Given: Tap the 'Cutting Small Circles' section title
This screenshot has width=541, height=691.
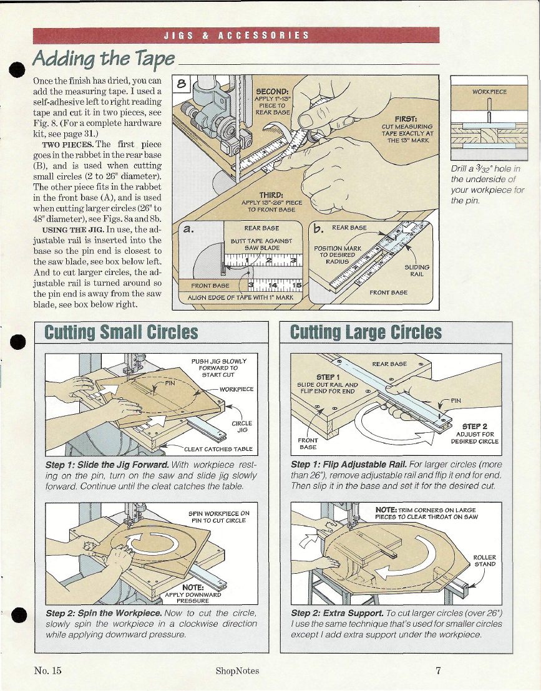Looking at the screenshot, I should pos(121,332).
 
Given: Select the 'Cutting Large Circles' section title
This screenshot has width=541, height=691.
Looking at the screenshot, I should pos(366,332).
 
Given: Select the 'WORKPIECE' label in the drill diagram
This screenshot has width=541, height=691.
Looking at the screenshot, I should pos(489,92).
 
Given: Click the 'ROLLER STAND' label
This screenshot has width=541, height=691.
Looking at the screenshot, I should pos(484,561).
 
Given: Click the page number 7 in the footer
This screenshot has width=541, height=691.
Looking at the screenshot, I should pos(439,671).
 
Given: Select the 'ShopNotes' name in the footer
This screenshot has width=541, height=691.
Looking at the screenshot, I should pos(237,671).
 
